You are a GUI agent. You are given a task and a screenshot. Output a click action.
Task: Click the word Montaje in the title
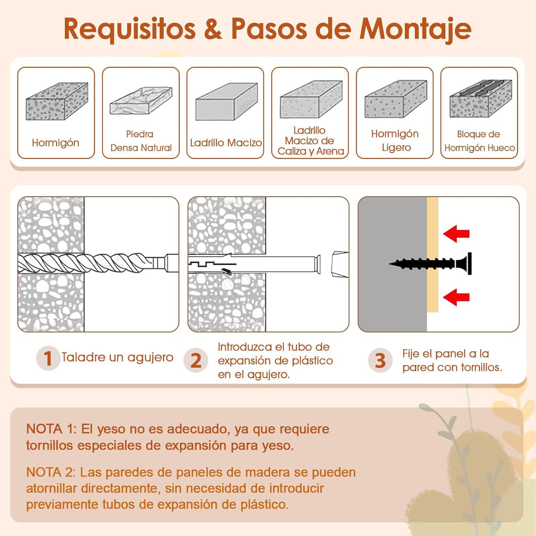point(415,29)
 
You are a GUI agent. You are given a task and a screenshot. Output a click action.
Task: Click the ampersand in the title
point(213,29)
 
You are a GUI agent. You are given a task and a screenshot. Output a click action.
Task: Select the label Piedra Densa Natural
point(140,141)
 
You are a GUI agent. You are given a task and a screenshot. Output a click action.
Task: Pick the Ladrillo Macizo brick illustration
point(226,102)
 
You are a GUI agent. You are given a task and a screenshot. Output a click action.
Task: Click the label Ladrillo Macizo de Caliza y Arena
point(310,141)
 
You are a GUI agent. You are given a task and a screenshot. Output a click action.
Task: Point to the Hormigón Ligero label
point(395,140)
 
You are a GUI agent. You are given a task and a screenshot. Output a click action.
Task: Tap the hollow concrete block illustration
point(480,99)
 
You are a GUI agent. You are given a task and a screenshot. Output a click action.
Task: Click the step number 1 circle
point(48,358)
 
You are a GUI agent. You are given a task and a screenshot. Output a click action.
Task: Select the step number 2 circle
point(195,360)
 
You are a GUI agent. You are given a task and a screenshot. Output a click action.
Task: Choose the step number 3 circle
point(380,360)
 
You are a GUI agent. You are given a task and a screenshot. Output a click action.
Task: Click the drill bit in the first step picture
point(89,263)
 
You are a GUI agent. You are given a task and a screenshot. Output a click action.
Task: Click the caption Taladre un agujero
point(117,357)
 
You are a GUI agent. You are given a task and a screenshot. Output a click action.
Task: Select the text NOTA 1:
point(51,429)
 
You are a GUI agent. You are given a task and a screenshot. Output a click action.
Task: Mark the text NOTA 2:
point(51,472)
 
